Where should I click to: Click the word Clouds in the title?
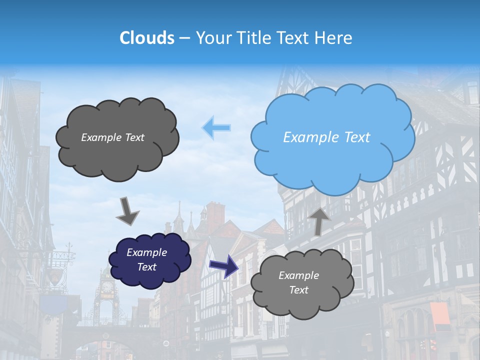147,38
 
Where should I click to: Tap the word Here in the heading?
334,38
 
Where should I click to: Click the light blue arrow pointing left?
216,127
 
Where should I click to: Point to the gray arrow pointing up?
319,220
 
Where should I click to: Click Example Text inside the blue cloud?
326,137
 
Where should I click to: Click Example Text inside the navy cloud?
146,259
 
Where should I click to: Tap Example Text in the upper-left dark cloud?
112,137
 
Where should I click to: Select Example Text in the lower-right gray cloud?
298,282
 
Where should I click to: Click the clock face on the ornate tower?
107,286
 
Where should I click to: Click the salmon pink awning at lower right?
439,315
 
